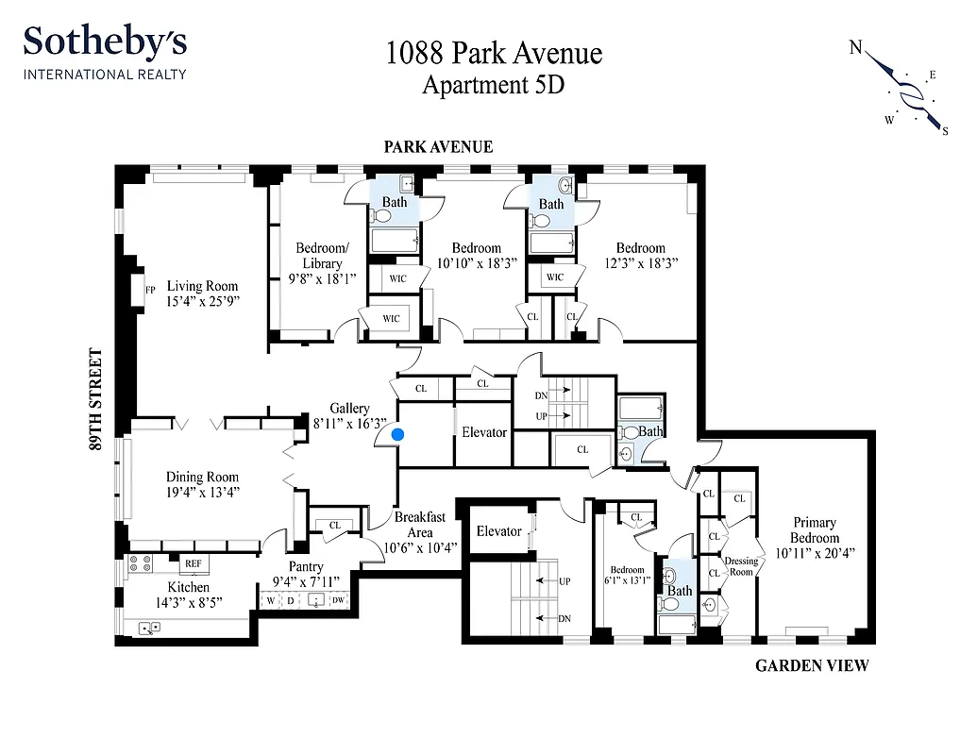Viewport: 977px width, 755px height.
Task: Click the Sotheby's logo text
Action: click(x=105, y=43)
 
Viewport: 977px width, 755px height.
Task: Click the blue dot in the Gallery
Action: click(x=398, y=434)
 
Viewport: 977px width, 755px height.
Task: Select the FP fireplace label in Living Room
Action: click(x=150, y=290)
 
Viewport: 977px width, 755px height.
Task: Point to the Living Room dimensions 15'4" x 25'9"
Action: click(x=203, y=302)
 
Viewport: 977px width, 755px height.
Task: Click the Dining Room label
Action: click(x=203, y=477)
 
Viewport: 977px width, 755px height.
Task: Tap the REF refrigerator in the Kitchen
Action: click(x=194, y=563)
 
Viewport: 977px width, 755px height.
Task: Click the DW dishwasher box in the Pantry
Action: click(x=338, y=600)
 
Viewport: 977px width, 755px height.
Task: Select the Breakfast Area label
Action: click(x=420, y=525)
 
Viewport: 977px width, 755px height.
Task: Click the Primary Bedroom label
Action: click(x=814, y=530)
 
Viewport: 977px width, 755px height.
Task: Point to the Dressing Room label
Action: click(x=741, y=566)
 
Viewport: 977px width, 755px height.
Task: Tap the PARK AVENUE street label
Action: click(x=438, y=147)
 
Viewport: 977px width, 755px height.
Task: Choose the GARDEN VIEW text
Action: click(x=812, y=666)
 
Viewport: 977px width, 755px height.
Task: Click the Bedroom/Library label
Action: click(x=318, y=256)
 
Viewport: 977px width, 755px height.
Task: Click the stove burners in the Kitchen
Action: click(x=140, y=563)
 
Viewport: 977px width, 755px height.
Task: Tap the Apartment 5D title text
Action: click(x=493, y=85)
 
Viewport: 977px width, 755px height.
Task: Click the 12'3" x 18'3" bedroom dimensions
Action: click(x=641, y=264)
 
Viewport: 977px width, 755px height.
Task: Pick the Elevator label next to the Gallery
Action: click(x=484, y=432)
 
